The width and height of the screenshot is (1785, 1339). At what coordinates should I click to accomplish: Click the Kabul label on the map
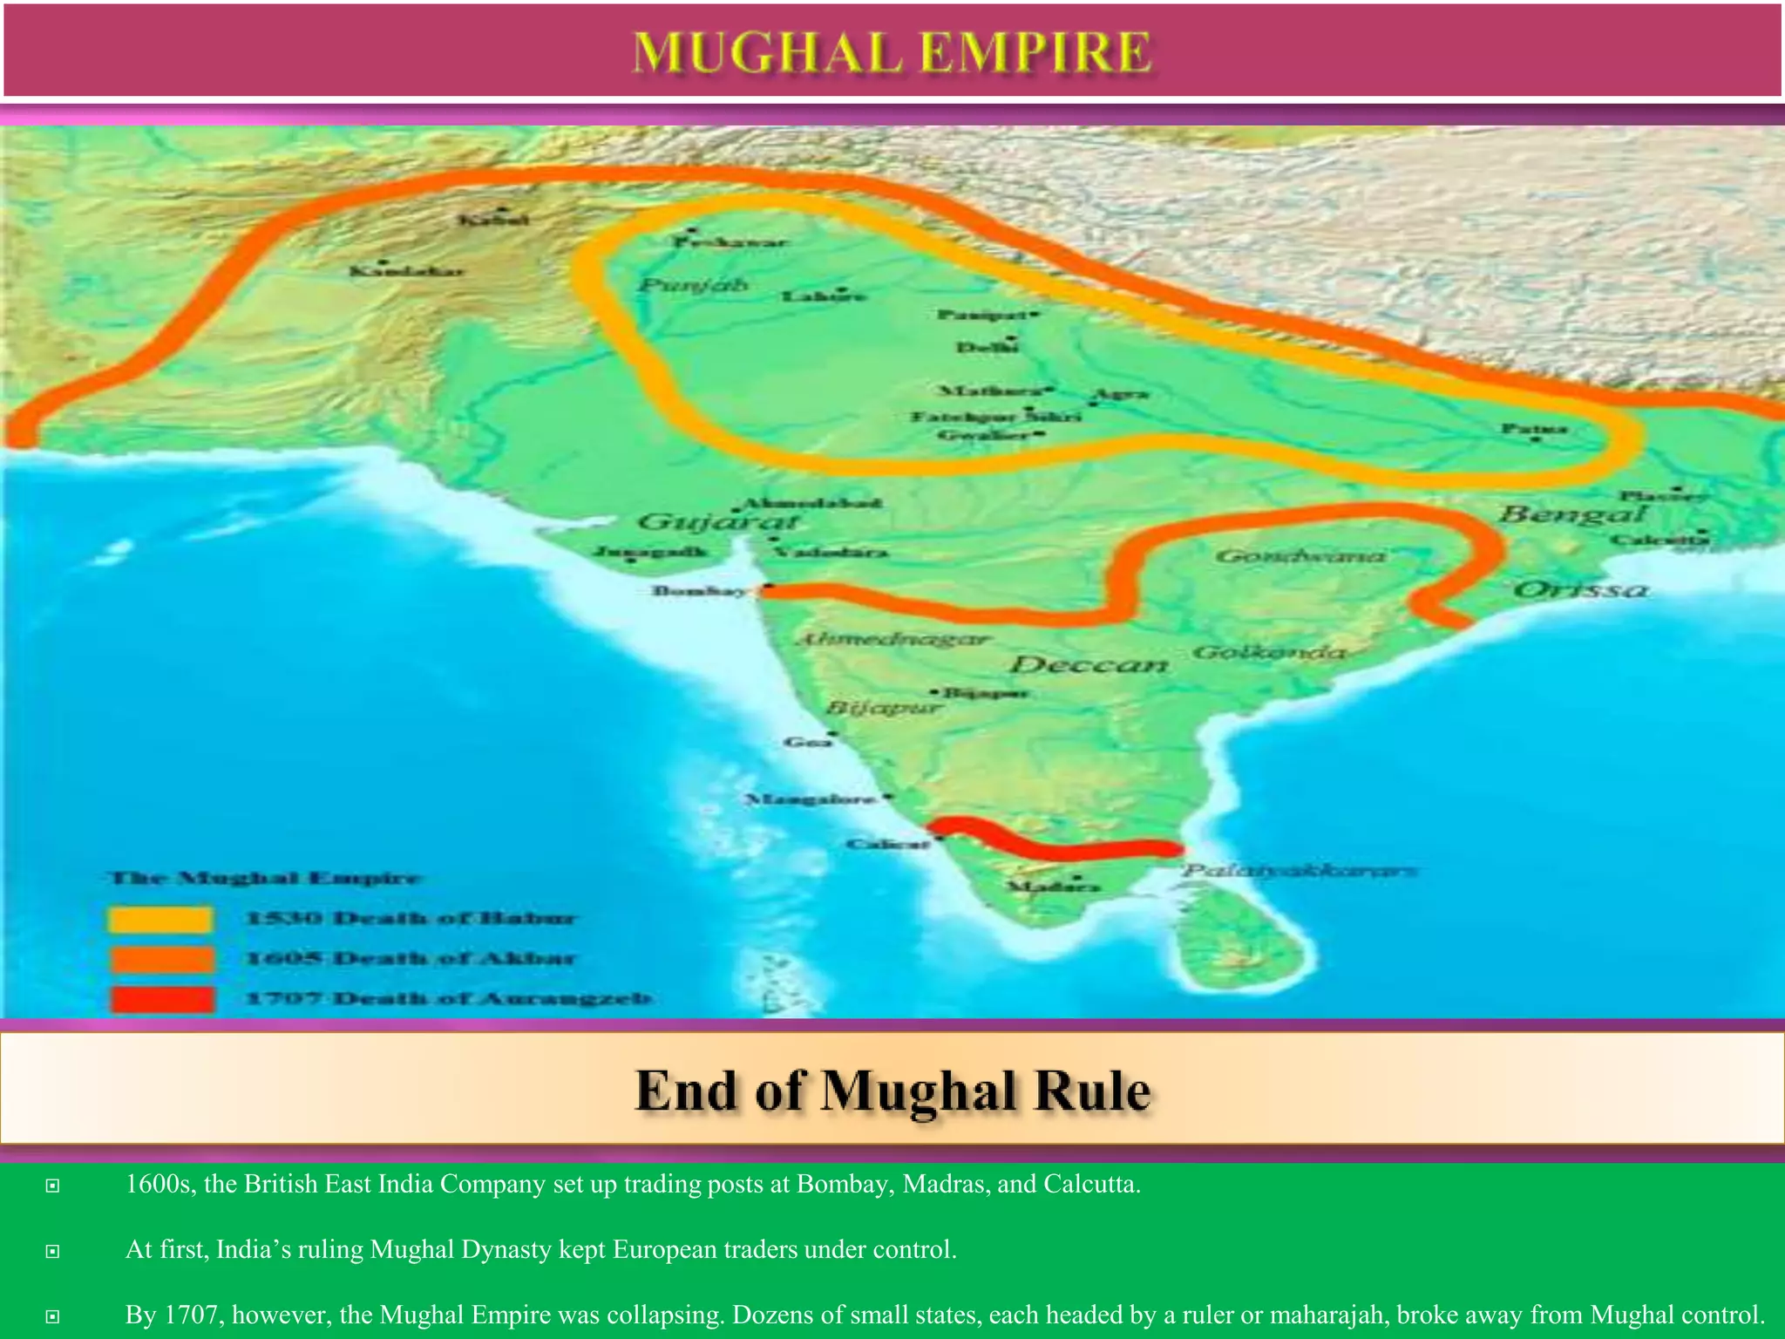point(493,220)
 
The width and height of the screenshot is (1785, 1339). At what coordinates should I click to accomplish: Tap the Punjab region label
point(692,285)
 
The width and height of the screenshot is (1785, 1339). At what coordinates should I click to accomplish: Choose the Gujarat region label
point(718,521)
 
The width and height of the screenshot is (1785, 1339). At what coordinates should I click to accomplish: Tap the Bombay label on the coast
point(700,591)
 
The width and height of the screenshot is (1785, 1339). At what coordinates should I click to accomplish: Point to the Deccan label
point(1089,665)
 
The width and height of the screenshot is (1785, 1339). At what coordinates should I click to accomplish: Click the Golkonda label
point(1268,652)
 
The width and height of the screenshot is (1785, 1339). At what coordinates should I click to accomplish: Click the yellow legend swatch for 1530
point(161,919)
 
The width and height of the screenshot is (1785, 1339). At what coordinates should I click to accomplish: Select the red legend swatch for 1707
point(161,999)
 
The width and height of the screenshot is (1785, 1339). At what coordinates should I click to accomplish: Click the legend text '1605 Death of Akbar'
point(410,959)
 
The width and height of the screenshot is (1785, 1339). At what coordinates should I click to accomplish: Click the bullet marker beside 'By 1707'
point(53,1315)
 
